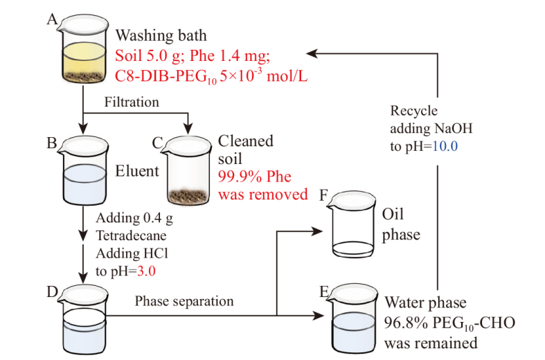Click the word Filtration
tap(132, 102)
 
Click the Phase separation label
tap(184, 301)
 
